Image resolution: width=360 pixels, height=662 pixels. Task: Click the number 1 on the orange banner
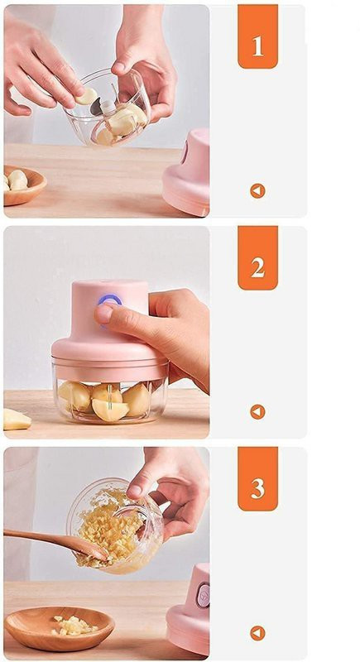(257, 46)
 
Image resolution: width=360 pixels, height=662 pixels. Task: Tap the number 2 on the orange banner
(257, 267)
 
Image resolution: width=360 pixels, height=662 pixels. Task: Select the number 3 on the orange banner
(257, 489)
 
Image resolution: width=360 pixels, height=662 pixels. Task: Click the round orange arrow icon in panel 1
(257, 191)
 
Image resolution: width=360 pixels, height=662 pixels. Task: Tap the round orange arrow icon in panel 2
(257, 412)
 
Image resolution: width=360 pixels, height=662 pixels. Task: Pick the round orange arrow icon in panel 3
(257, 633)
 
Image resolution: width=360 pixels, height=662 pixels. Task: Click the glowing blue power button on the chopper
(111, 300)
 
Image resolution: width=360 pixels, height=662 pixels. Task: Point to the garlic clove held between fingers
(87, 96)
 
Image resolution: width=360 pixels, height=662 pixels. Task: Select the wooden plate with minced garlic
(59, 623)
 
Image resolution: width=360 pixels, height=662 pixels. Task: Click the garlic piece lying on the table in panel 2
(16, 420)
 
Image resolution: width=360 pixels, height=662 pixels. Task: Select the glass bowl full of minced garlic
(115, 525)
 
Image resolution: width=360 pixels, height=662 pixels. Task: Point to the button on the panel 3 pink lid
(203, 595)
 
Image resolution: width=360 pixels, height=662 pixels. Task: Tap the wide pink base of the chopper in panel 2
(110, 359)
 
